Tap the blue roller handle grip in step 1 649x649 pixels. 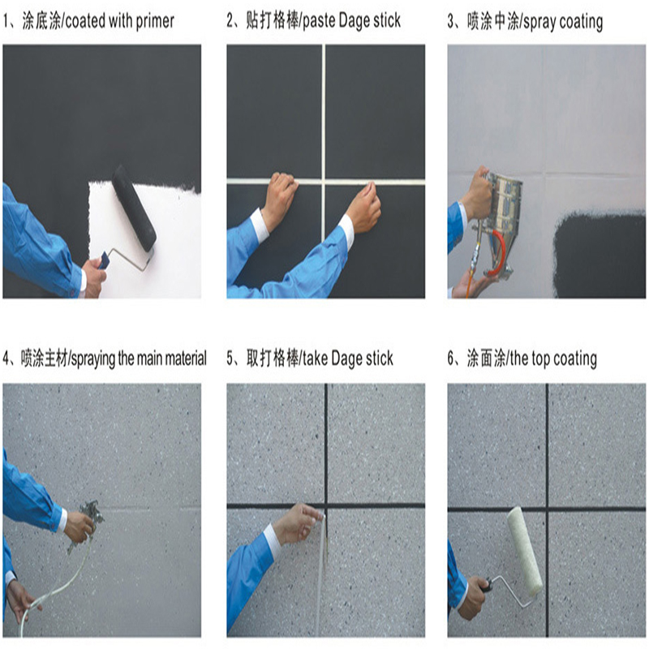point(104,260)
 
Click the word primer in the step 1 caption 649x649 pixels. point(155,22)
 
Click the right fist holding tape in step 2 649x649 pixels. point(363,206)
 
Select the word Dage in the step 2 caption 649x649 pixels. point(354,21)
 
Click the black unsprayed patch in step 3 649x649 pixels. point(600,254)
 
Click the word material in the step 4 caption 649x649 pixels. point(185,358)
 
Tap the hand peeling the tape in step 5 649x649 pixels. point(297,522)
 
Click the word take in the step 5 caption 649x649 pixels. point(316,359)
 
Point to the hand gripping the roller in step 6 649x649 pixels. point(473,598)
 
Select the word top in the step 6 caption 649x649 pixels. point(542,359)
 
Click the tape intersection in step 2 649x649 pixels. point(323,181)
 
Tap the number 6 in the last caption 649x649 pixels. point(451,359)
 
